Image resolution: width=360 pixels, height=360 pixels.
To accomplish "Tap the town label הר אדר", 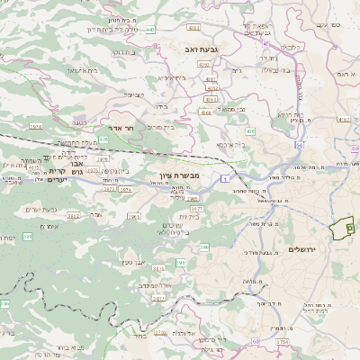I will point(121,129).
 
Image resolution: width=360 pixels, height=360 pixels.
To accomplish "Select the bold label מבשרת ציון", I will point(166,175).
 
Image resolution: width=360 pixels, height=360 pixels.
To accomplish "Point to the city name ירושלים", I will point(302,249).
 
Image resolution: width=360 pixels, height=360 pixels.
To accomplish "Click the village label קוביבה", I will point(133,94).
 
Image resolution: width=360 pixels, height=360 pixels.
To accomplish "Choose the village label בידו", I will point(161,106).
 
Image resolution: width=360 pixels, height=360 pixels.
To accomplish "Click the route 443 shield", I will point(150,30).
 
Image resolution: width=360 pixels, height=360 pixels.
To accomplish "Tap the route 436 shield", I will point(250,131).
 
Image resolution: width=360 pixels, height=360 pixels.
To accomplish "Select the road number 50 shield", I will point(298,144).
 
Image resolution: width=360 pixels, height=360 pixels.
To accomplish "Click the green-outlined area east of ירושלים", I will point(343,229).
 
